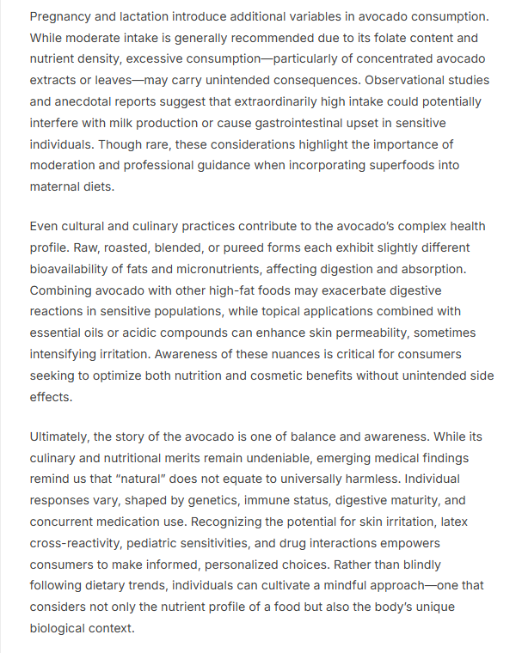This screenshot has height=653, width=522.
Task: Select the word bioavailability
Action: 73,270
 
